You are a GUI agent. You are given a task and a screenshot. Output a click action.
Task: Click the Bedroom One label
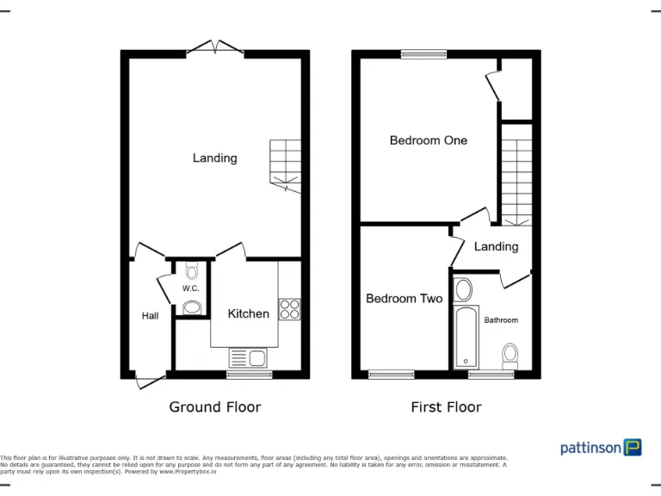(428, 140)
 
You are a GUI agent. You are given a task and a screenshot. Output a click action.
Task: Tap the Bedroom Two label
(404, 299)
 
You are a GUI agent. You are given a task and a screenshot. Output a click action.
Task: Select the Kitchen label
(248, 313)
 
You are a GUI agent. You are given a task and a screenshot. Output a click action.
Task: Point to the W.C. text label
(191, 288)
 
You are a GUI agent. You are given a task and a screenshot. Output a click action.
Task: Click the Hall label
(150, 316)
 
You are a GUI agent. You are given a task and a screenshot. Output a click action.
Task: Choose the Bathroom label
(501, 320)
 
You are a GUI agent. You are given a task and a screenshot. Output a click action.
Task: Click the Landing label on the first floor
(496, 247)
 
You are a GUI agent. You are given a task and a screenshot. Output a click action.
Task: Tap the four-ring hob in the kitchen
(290, 309)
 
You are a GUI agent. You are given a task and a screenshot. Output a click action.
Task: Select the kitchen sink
(249, 356)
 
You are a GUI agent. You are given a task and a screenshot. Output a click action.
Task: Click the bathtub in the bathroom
(464, 337)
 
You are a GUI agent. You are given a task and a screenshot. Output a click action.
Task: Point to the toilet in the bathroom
(510, 355)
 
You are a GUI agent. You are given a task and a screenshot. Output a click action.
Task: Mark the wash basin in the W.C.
(191, 307)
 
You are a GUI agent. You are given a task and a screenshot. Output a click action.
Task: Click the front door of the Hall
(149, 379)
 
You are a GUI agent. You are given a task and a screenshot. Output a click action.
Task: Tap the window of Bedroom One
(423, 54)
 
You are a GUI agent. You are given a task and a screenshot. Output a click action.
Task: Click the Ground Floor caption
(214, 406)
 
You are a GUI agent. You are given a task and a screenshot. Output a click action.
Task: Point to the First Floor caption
(446, 406)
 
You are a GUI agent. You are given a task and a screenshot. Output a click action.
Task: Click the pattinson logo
(601, 447)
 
